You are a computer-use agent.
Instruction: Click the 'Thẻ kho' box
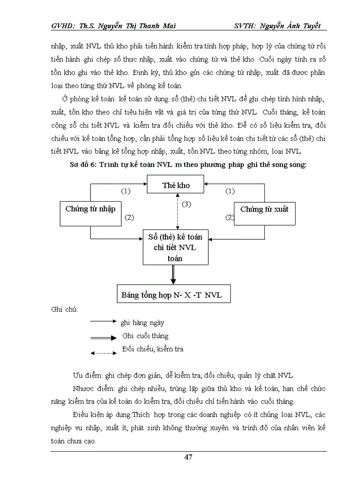176,185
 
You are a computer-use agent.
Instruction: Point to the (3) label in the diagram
186,204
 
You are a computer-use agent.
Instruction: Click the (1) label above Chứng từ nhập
125,191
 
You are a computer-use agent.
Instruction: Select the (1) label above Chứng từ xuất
230,191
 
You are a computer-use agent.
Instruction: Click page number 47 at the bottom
188,457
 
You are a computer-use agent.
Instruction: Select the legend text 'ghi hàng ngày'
142,323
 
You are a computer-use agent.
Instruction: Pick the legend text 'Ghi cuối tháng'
146,336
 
